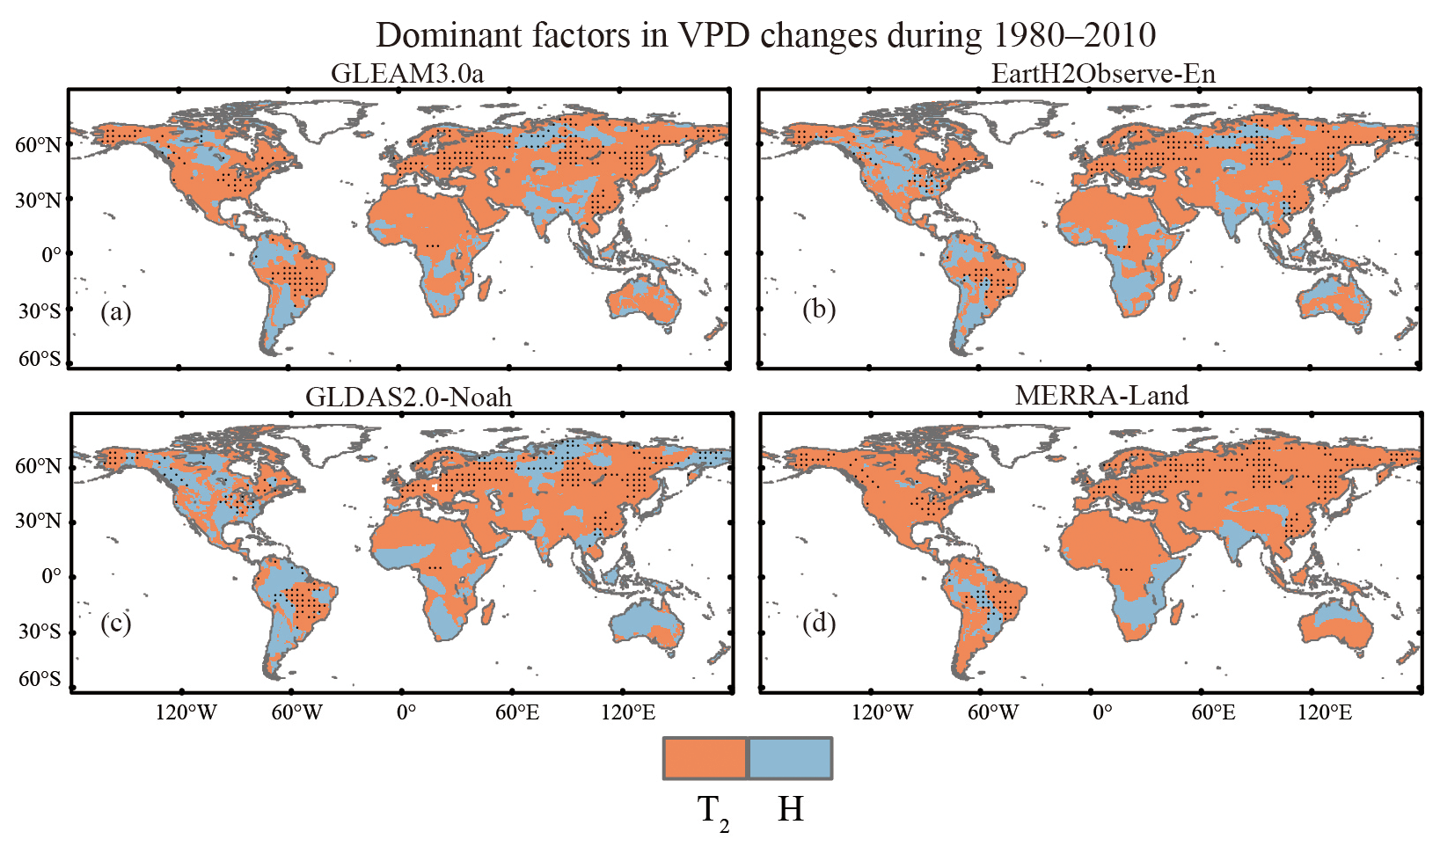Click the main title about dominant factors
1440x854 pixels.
(x=765, y=35)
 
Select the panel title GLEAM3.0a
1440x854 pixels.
(x=406, y=73)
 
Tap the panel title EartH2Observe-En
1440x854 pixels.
(x=1103, y=73)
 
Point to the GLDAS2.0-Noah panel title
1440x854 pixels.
(x=408, y=397)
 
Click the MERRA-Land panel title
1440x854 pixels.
(x=1101, y=395)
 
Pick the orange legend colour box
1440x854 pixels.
(x=705, y=758)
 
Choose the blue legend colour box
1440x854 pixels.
(x=789, y=758)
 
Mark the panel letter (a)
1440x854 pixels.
(x=115, y=311)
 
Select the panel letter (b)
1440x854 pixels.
(x=818, y=309)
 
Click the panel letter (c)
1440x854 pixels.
(x=115, y=623)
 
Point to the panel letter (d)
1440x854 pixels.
(x=818, y=623)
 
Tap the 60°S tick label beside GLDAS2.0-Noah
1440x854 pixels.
(x=39, y=678)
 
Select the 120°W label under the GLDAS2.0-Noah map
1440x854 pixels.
(x=186, y=712)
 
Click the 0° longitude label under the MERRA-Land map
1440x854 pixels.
(x=1101, y=712)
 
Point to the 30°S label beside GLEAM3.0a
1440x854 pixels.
(x=39, y=311)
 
